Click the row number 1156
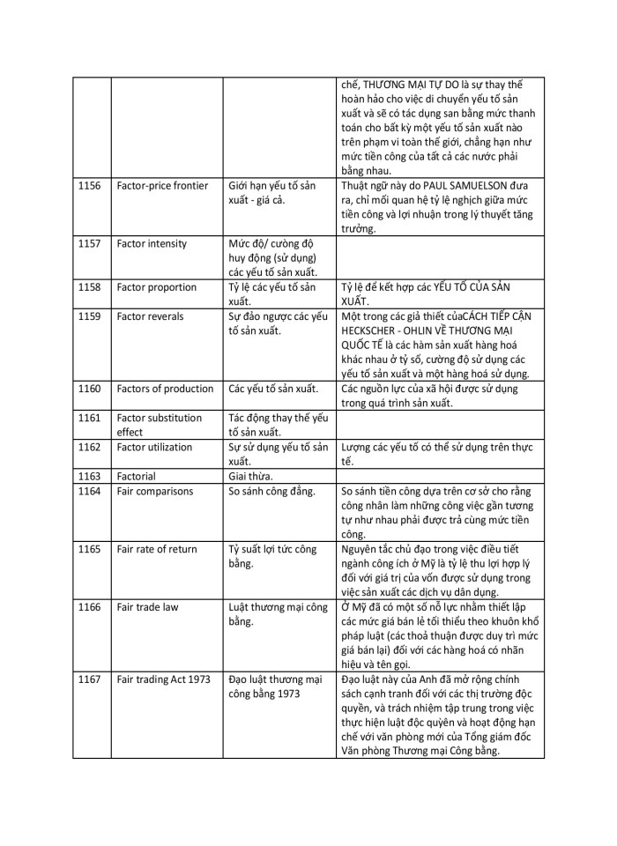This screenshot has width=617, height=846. click(89, 186)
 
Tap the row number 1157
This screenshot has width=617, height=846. click(89, 243)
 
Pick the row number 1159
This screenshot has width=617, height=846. click(89, 315)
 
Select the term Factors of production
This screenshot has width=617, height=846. click(165, 388)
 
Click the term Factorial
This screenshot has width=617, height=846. click(138, 477)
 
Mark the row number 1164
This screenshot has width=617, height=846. click(89, 491)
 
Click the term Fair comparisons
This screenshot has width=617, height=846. click(154, 491)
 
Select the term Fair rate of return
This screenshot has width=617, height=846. click(157, 549)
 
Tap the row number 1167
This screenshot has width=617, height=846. click(89, 679)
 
